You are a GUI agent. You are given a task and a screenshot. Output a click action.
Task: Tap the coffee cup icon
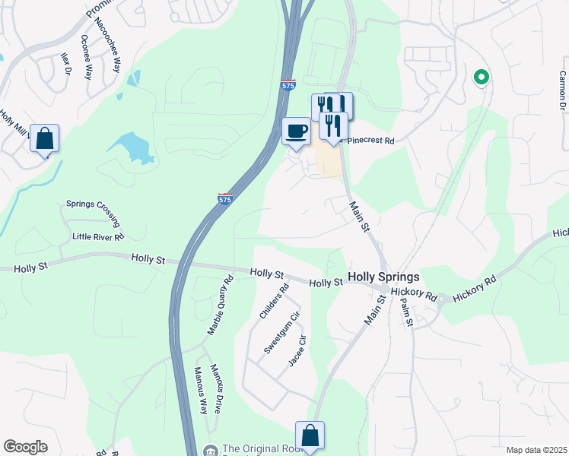pyautogui.click(x=296, y=131)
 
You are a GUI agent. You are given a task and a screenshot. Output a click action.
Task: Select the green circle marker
pyautogui.click(x=481, y=77)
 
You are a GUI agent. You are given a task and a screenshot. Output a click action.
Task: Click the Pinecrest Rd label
pyautogui.click(x=368, y=141)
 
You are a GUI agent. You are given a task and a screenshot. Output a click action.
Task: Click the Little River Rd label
pyautogui.click(x=98, y=236)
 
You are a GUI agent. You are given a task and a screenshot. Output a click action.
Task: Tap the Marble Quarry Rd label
pyautogui.click(x=220, y=307)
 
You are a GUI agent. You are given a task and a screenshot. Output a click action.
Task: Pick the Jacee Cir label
pyautogui.click(x=297, y=351)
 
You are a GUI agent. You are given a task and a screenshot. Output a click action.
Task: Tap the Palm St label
pyautogui.click(x=407, y=312)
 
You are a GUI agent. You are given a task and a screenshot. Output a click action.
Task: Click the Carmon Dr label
pyautogui.click(x=562, y=90)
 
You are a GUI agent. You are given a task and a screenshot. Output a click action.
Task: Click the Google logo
pyautogui.click(x=25, y=447)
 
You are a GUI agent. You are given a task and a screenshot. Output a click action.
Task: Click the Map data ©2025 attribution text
pyautogui.click(x=536, y=450)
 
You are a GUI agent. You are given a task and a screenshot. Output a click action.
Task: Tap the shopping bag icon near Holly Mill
pyautogui.click(x=45, y=140)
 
